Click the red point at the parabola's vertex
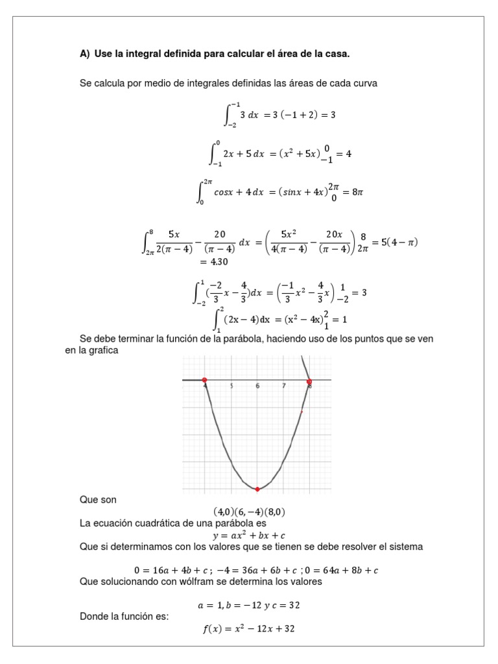pyautogui.click(x=257, y=489)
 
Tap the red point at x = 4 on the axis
pyautogui.click(x=204, y=380)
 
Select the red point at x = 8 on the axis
pyautogui.click(x=309, y=381)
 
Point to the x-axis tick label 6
pyautogui.click(x=257, y=386)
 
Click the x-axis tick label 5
pyautogui.click(x=231, y=386)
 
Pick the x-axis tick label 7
pyautogui.click(x=284, y=386)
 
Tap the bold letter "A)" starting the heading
pyautogui.click(x=85, y=54)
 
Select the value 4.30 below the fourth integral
pyautogui.click(x=214, y=262)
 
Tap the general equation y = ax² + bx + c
pyautogui.click(x=249, y=535)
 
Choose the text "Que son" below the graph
pyautogui.click(x=98, y=500)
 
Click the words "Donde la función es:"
pyautogui.click(x=124, y=616)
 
